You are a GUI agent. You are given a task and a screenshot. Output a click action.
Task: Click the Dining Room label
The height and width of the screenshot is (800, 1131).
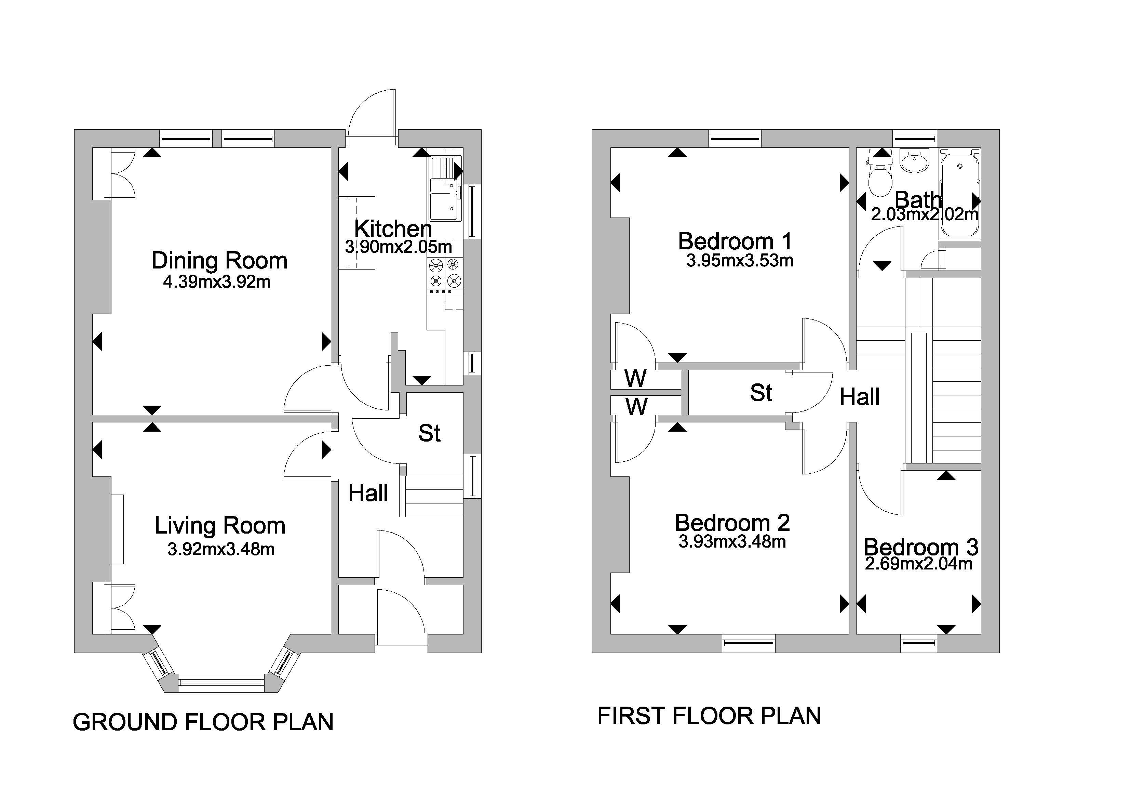(x=219, y=261)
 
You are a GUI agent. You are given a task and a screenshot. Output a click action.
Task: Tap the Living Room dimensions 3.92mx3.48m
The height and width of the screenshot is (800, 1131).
(x=221, y=549)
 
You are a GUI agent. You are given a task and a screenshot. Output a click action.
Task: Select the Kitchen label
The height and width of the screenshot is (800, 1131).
(x=393, y=229)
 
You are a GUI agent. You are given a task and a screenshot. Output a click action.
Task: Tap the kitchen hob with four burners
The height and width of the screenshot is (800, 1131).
(x=444, y=273)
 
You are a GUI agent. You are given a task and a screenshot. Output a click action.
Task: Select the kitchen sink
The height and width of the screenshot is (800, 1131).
(x=445, y=190)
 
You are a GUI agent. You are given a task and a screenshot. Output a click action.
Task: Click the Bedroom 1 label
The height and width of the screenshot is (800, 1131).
(x=735, y=241)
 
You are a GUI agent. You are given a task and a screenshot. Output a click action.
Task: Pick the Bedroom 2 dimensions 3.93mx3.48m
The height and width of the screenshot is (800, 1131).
(x=732, y=542)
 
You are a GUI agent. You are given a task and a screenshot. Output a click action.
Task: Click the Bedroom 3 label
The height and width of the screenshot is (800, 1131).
(x=921, y=547)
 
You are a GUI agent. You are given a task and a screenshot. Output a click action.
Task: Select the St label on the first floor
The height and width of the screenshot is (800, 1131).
(x=761, y=393)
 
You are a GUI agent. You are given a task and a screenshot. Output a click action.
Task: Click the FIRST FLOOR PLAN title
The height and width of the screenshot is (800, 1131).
(x=709, y=716)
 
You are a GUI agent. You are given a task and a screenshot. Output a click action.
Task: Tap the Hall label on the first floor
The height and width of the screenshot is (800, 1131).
(x=860, y=397)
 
